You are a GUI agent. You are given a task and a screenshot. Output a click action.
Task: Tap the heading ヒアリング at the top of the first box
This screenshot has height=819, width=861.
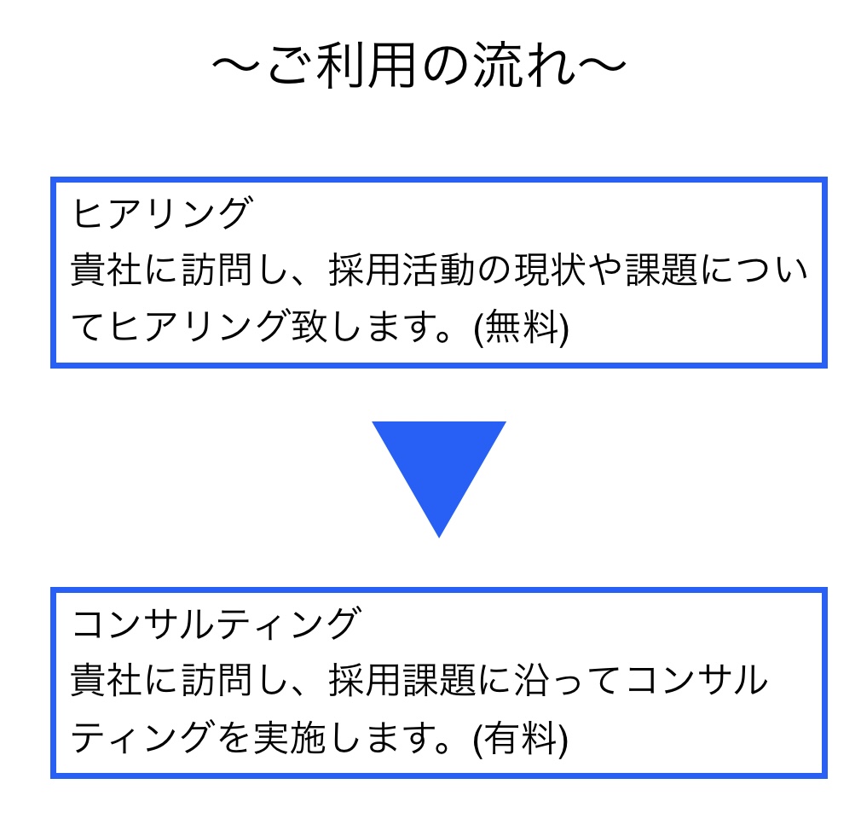point(163,212)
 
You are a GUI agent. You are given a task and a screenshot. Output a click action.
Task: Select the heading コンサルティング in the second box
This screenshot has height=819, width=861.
point(217,624)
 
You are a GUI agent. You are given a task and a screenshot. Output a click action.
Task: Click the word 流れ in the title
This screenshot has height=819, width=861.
point(525,65)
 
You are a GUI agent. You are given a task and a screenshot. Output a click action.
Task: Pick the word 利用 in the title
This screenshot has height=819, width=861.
point(367,65)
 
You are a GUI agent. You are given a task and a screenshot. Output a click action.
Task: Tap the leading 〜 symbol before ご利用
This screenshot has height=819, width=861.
point(236,65)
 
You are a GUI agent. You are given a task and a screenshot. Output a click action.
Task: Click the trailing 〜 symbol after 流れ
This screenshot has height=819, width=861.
point(602,65)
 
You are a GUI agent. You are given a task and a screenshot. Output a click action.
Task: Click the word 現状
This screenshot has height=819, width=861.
point(551,270)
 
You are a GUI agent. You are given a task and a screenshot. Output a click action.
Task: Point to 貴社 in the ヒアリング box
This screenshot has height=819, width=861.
point(107,270)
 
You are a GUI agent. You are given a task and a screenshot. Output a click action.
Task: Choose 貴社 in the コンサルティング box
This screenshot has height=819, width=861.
point(107,681)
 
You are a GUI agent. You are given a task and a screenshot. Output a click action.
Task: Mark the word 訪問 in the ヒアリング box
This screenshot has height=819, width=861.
point(217,270)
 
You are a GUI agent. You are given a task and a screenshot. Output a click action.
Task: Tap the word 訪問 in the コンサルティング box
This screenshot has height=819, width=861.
point(217,681)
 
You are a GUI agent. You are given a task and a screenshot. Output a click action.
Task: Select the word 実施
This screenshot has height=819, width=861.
point(290,738)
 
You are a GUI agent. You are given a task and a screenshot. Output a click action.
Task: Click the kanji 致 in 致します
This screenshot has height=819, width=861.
point(309,327)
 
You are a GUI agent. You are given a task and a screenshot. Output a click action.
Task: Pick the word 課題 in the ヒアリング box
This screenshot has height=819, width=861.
point(662,270)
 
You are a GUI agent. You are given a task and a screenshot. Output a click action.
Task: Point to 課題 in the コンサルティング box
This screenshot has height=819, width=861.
point(439,681)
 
